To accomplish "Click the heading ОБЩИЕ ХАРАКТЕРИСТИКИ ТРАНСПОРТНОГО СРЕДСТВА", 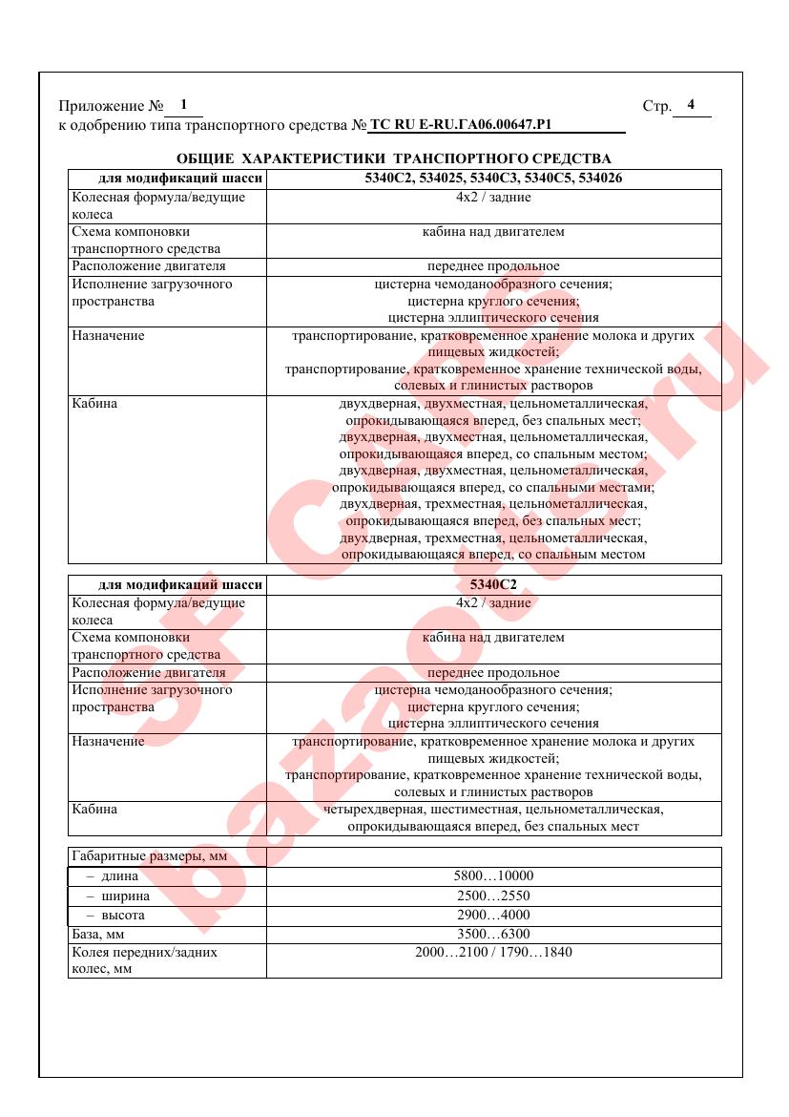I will tap(394, 158).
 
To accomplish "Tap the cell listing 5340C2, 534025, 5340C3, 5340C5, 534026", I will tap(493, 179).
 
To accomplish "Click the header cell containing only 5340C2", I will tap(493, 585).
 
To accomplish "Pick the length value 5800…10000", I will tap(493, 876).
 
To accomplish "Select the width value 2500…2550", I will tap(493, 896).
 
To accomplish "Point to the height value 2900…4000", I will tap(493, 915).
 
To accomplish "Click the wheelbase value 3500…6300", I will tap(493, 934).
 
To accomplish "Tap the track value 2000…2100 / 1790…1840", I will tap(493, 952).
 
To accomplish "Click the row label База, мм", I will tap(98, 934).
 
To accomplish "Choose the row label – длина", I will tap(113, 876).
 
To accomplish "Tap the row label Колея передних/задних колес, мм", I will tap(144, 959).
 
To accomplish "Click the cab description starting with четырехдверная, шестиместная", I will tap(493, 817).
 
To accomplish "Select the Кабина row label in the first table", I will tap(94, 404).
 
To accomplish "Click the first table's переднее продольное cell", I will tap(493, 266).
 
